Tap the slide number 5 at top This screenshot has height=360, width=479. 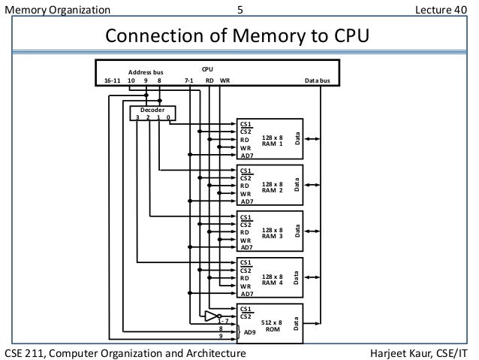(x=239, y=10)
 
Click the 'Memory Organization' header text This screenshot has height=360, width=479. (x=57, y=10)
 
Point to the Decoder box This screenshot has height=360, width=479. (x=152, y=113)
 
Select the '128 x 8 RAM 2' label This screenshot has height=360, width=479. (x=272, y=186)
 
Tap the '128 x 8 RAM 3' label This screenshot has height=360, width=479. (x=272, y=232)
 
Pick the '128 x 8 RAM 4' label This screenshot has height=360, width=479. (x=272, y=279)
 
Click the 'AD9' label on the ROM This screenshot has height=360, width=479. (x=251, y=331)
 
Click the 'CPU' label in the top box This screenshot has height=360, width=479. (x=208, y=68)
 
